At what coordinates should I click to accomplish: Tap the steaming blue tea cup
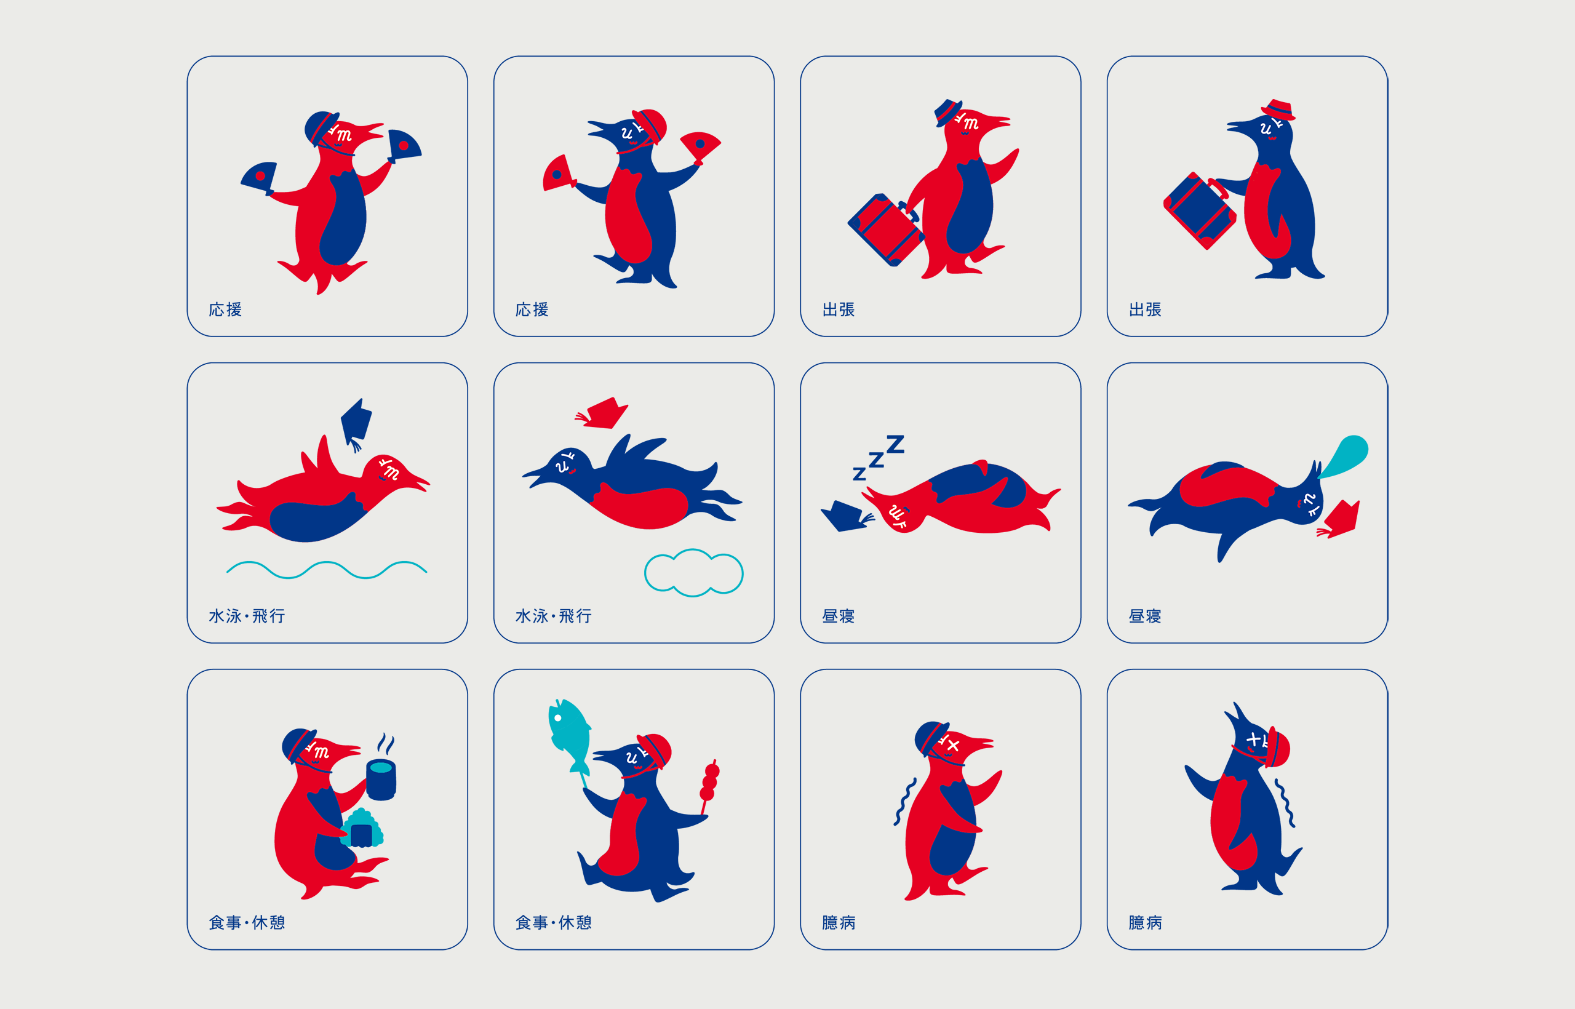click(381, 779)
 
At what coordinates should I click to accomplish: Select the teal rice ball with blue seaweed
click(362, 828)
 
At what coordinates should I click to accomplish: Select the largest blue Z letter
click(895, 444)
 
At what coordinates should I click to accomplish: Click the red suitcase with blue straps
click(884, 229)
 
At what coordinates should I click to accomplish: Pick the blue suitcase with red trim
click(1200, 210)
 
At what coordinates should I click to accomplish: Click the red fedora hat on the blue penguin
click(1278, 110)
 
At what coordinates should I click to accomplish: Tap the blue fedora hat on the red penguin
click(947, 112)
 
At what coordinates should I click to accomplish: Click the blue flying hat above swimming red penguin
click(356, 423)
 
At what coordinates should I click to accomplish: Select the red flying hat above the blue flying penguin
click(603, 413)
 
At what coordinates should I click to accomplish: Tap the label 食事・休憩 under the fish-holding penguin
click(554, 922)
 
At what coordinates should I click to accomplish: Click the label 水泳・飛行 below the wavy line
click(247, 616)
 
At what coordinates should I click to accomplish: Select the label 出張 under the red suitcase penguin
click(839, 309)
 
